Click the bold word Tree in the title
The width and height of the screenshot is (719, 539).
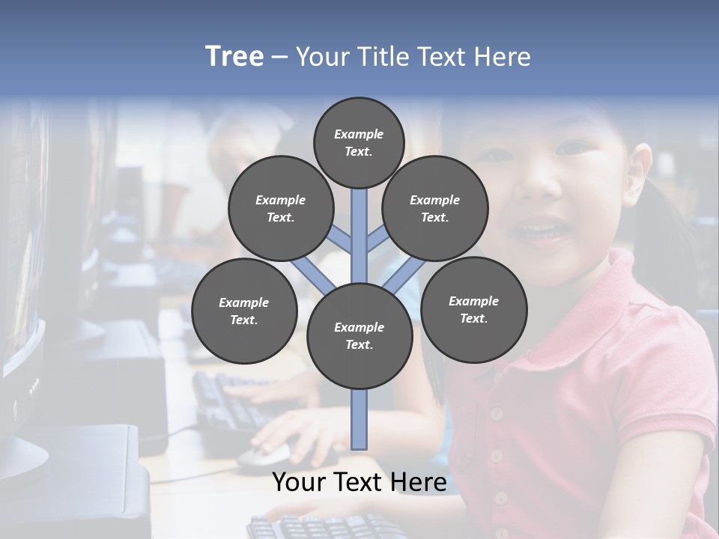tap(234, 57)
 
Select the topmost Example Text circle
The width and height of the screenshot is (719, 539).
tap(359, 142)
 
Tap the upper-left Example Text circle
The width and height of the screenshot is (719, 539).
tap(281, 209)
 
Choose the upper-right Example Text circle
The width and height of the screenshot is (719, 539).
tap(435, 209)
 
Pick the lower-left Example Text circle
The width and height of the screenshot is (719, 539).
tap(244, 311)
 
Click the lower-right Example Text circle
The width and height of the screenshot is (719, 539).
tap(474, 309)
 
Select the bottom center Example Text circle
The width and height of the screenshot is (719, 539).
tap(359, 336)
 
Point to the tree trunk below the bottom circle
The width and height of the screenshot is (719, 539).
tap(359, 419)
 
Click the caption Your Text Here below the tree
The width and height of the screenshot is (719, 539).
tap(359, 482)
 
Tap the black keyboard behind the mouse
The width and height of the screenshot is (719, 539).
tap(225, 401)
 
